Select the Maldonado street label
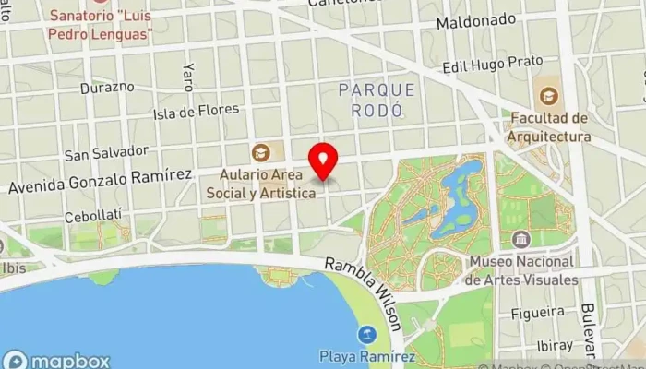coord(476,19)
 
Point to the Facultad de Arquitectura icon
coord(548,95)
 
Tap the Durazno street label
coord(107,88)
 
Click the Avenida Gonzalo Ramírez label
coord(100,180)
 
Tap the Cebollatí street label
coord(94,216)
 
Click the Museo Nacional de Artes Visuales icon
coord(521,240)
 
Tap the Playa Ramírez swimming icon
coord(368,334)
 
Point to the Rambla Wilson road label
coord(365,293)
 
